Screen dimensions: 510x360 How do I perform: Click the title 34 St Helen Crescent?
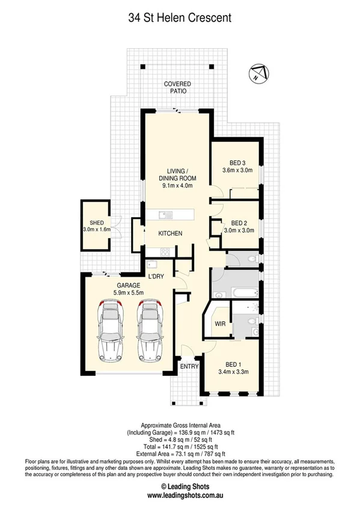click(x=180, y=18)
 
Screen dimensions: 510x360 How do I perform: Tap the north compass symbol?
click(x=257, y=74)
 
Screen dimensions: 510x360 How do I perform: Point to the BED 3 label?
click(x=238, y=162)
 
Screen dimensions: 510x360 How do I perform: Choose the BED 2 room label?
click(x=240, y=221)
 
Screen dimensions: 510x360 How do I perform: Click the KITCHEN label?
click(x=170, y=233)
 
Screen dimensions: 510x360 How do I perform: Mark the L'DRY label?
click(x=156, y=276)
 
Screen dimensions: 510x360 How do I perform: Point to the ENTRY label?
click(x=189, y=366)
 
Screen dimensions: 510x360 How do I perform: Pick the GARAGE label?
click(x=129, y=285)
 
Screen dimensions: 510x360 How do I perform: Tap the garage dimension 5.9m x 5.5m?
click(x=129, y=293)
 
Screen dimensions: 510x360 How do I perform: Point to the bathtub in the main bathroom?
click(x=238, y=293)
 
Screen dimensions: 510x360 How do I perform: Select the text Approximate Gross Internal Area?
click(x=180, y=425)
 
